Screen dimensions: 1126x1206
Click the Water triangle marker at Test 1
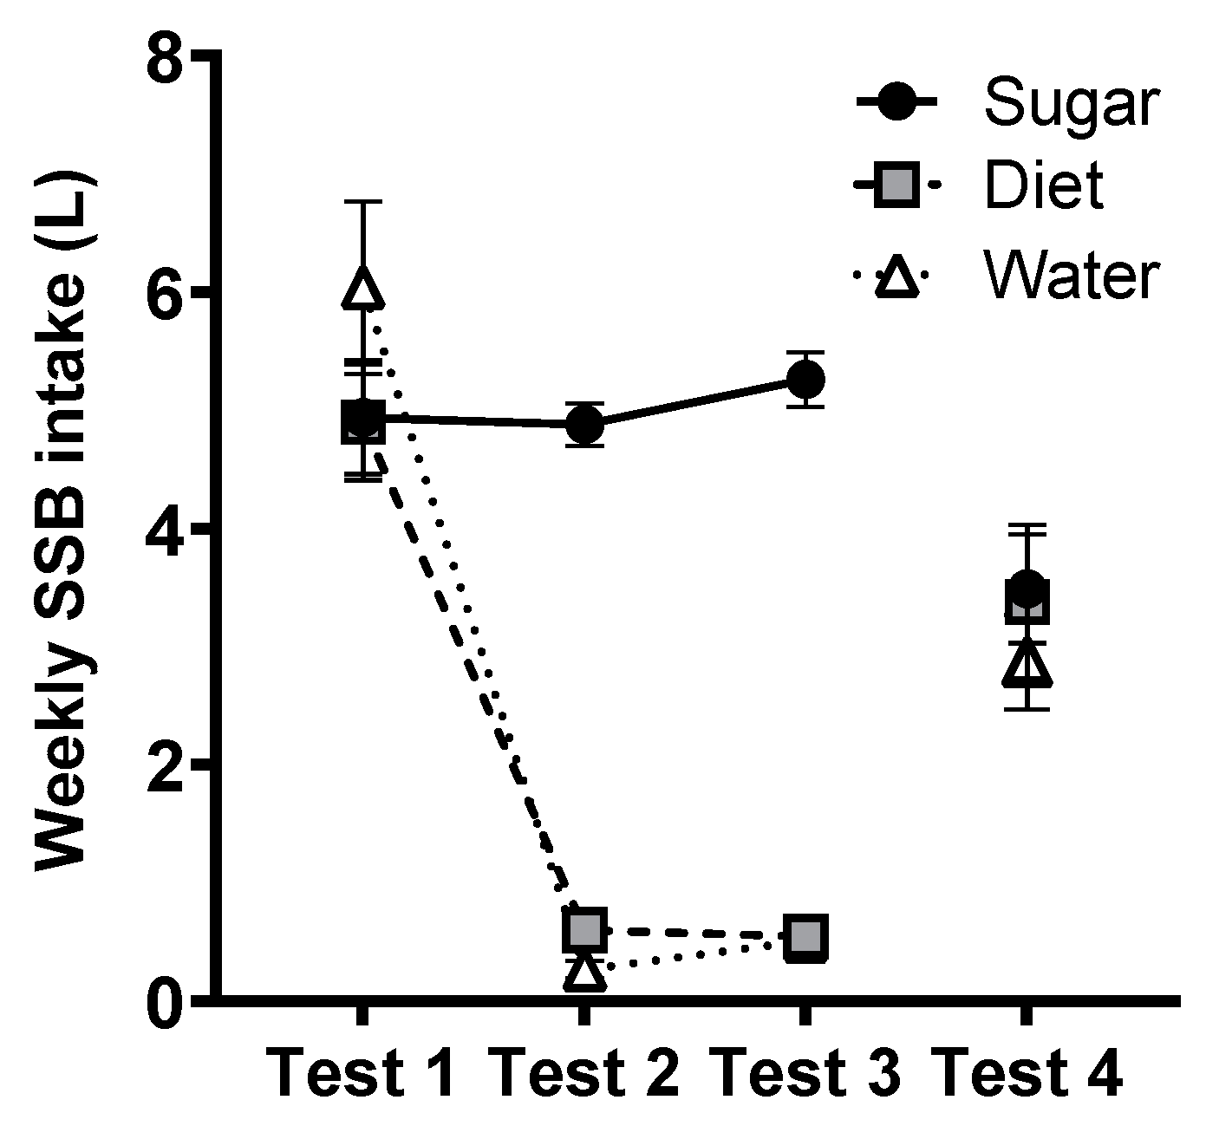tap(362, 288)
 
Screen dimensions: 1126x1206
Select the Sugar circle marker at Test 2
tap(584, 425)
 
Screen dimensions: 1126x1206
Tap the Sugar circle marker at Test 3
tap(805, 379)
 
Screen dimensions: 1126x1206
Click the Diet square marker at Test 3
tap(805, 937)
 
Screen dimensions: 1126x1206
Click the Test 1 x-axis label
tap(362, 1073)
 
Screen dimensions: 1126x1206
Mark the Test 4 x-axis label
tap(1032, 1073)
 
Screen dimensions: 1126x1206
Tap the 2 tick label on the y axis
tap(168, 764)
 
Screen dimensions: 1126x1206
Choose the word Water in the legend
tap(1070, 277)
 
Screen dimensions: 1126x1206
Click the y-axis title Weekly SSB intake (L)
tap(65, 525)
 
